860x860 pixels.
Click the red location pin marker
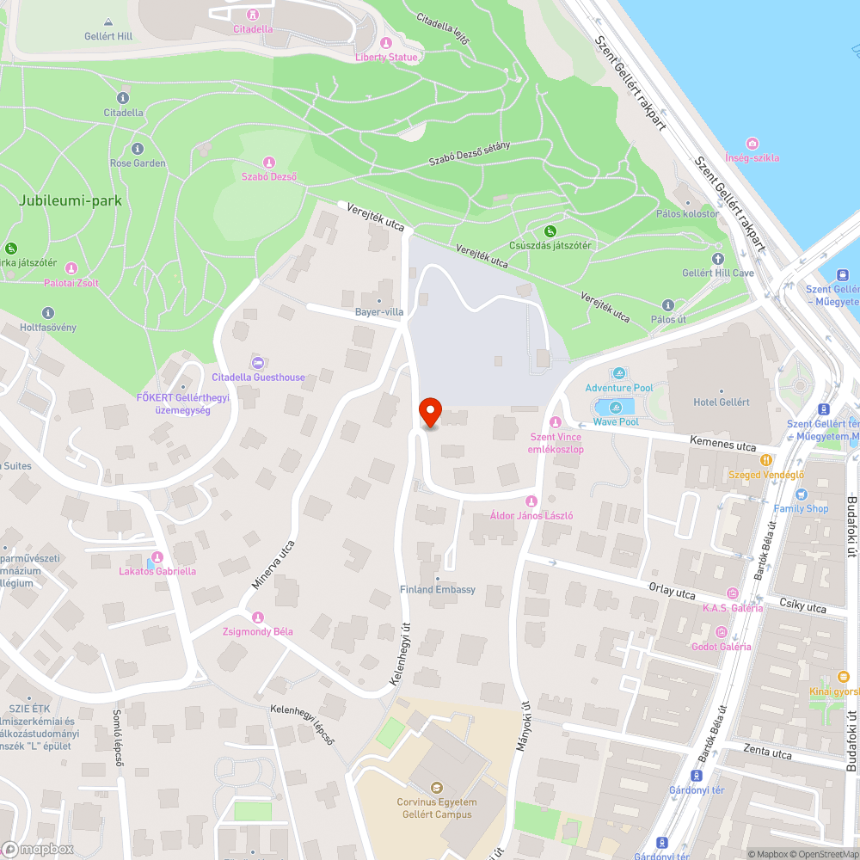[430, 413]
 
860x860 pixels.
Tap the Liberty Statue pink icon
[386, 43]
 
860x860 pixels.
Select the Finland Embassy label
[438, 590]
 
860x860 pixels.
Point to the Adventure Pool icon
[619, 373]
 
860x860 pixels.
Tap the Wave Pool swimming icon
[616, 408]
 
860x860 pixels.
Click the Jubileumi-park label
[71, 201]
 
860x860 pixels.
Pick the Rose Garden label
[138, 163]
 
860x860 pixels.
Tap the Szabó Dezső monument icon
[269, 163]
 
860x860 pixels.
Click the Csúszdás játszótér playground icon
[550, 230]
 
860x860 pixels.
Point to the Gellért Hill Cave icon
[718, 258]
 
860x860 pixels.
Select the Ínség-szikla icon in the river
[752, 144]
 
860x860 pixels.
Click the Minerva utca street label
[273, 564]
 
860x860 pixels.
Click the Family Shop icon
[801, 494]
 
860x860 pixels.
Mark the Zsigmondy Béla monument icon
[257, 617]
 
